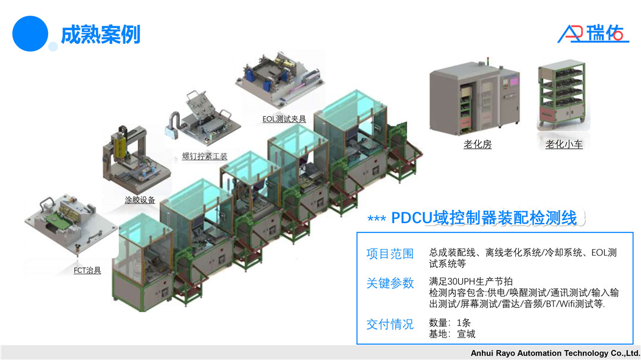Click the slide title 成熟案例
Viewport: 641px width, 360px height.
(x=100, y=34)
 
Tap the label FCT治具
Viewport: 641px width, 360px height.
(x=87, y=270)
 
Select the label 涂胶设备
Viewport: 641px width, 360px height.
(x=139, y=200)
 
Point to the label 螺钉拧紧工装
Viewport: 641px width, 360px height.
(x=204, y=157)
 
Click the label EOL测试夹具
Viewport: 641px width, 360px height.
(x=284, y=119)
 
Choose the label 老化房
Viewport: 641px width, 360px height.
(x=477, y=144)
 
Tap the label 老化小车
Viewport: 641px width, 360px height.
(x=564, y=144)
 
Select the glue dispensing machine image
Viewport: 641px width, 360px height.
(x=134, y=158)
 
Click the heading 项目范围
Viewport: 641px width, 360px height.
(x=390, y=254)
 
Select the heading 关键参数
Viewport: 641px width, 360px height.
(x=390, y=283)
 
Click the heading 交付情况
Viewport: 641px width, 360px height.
(x=390, y=324)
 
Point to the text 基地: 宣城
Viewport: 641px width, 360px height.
(x=452, y=334)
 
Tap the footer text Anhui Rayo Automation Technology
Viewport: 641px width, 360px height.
(x=555, y=353)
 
